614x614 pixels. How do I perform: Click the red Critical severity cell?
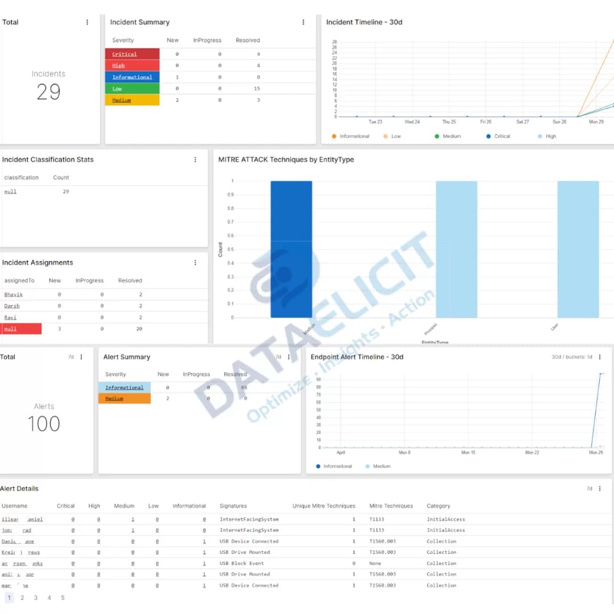point(132,54)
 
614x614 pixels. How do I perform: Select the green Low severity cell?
point(132,89)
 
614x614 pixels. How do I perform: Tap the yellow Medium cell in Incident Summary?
point(132,100)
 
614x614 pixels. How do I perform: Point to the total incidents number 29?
point(48,92)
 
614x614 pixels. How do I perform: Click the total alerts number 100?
point(44,424)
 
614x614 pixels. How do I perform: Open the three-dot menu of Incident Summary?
point(303,22)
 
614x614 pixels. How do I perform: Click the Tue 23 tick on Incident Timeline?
point(375,122)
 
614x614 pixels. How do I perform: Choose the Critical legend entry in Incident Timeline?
point(501,136)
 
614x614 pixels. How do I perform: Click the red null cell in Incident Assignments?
point(22,329)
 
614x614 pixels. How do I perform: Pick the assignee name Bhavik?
point(13,294)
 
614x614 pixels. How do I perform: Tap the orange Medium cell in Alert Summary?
point(125,399)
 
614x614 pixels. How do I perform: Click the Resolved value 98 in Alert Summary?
point(244,388)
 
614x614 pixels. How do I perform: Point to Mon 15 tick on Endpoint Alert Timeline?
point(468,453)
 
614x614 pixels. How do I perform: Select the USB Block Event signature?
point(242,563)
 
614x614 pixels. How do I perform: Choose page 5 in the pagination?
point(63,598)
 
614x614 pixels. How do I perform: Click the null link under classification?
point(10,192)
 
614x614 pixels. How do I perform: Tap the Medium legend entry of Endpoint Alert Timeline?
point(381,466)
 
